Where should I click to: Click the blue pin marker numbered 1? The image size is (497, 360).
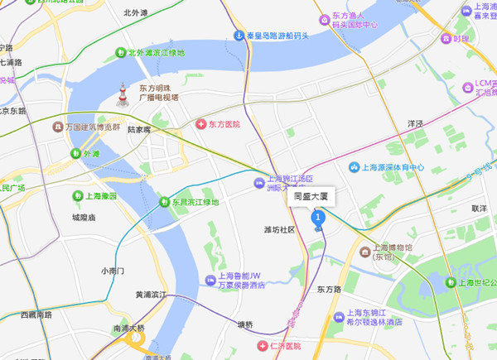pos(316,218)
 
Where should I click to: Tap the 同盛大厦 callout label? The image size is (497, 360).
pos(311,198)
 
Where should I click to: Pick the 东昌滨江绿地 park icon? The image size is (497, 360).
pos(164,201)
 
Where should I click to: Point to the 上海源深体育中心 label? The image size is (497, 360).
pos(392,167)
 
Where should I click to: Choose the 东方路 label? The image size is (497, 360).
pos(328,289)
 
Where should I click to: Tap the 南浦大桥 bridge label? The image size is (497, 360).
pos(128,329)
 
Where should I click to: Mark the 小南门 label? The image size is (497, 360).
pos(112,271)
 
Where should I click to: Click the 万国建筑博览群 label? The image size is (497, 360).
pos(92,127)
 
